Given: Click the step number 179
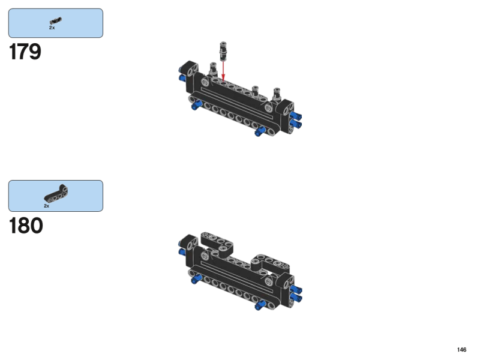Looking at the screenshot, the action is coord(25,52).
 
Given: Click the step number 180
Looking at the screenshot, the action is coord(26,226).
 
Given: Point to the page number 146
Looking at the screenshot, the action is coord(461,350).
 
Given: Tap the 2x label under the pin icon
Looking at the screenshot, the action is coord(52,28).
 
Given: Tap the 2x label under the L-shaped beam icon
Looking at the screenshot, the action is coord(47,206).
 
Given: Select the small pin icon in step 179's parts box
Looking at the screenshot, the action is coord(56,21).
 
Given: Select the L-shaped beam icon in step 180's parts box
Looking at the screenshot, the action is coord(56,193).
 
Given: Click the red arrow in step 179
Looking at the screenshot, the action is coord(223,71).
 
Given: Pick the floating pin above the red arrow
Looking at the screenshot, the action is coord(223,51).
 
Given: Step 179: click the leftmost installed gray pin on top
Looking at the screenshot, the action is coord(213,69).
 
